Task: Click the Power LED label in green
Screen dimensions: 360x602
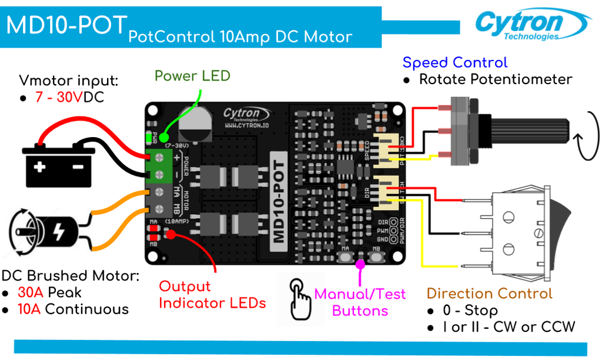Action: coord(192,76)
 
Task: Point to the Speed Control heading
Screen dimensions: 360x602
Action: coord(454,63)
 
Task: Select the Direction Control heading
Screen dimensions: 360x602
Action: coord(489,294)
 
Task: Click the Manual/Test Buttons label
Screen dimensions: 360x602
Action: coord(360,302)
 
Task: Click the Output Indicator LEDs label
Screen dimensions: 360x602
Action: coord(212,295)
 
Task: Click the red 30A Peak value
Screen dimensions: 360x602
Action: coord(29,292)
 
